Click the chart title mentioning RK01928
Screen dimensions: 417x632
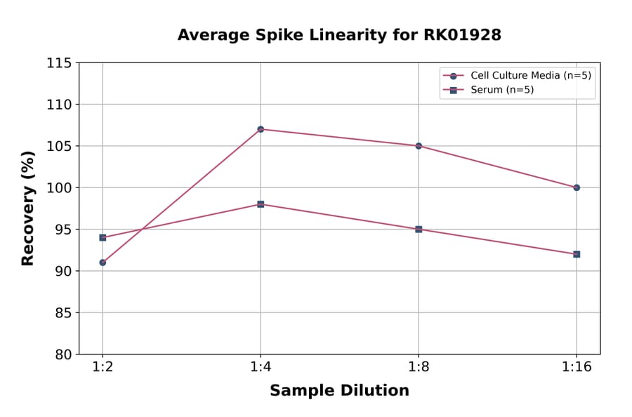pyautogui.click(x=339, y=35)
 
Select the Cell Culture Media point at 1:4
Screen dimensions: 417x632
pyautogui.click(x=261, y=129)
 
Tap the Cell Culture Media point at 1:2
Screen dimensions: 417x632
pyautogui.click(x=103, y=263)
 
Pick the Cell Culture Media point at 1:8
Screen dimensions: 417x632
pyautogui.click(x=419, y=146)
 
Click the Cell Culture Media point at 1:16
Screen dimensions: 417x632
pyautogui.click(x=577, y=187)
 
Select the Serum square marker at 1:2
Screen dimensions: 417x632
pyautogui.click(x=103, y=237)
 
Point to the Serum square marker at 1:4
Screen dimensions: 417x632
pyautogui.click(x=261, y=204)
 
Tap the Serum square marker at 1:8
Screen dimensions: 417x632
pyautogui.click(x=419, y=229)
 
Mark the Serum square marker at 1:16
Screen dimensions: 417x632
pyautogui.click(x=577, y=254)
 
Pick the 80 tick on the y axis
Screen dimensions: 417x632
pyautogui.click(x=63, y=355)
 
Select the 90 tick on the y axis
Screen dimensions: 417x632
pyautogui.click(x=63, y=271)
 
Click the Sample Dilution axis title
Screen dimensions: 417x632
pyautogui.click(x=339, y=391)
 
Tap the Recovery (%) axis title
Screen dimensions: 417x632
pyautogui.click(x=28, y=208)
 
